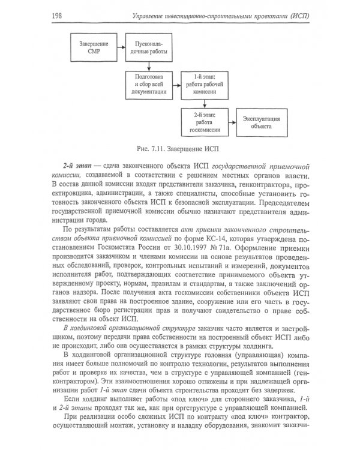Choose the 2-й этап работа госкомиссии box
[202, 124]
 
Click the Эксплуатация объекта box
[257, 124]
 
